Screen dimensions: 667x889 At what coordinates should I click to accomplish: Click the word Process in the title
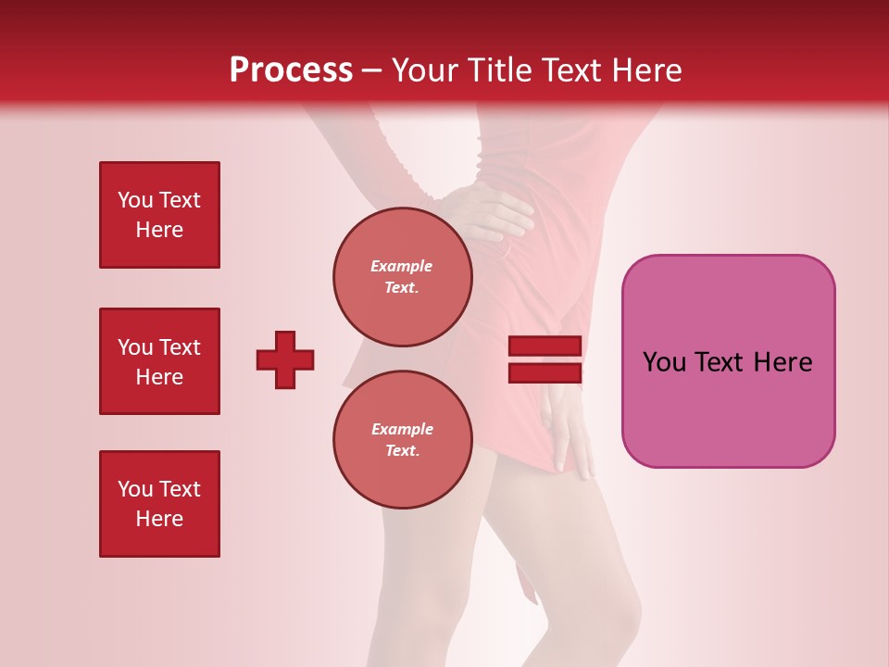coord(291,70)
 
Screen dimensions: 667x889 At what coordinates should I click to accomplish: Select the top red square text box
coord(159,215)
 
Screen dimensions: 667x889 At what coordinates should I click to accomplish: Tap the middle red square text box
coord(159,361)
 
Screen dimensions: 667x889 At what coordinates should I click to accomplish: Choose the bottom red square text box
coord(159,504)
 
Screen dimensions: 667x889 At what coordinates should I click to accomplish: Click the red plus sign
coord(285,359)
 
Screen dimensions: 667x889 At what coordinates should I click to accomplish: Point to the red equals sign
coord(545,359)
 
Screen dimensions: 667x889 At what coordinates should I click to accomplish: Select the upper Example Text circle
coord(402,277)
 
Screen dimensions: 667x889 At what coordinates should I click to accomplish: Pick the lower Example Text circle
coord(402,440)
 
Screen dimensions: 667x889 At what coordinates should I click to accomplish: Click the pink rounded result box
coord(728,361)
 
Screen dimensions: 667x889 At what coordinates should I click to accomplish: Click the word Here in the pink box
coord(783,362)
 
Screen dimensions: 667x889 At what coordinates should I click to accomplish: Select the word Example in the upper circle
coord(402,266)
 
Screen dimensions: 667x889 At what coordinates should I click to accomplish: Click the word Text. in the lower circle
coord(402,451)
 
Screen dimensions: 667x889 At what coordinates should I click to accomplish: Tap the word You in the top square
coord(135,200)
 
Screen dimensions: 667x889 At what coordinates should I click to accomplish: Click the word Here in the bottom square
coord(159,519)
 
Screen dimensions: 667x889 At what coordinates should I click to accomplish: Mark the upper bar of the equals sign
coord(545,346)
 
